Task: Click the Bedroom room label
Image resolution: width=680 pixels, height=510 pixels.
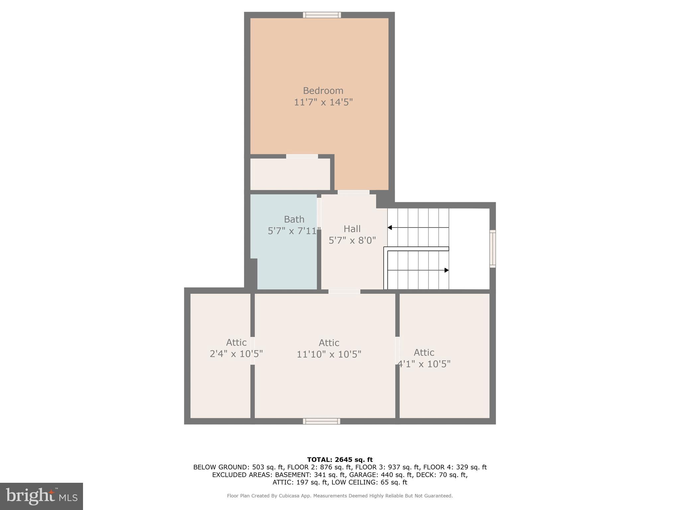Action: tap(323, 91)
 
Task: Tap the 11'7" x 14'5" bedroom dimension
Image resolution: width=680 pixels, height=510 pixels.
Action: tap(323, 102)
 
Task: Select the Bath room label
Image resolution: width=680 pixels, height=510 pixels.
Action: tap(294, 219)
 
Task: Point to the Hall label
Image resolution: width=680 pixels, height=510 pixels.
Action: tap(352, 229)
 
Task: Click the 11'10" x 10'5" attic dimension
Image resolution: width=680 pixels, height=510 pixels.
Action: tap(329, 354)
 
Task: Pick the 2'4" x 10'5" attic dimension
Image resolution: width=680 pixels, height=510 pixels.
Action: tap(236, 354)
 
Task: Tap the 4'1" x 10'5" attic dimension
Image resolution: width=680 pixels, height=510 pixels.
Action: tap(424, 364)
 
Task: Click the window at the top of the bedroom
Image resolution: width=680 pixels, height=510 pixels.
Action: tap(322, 15)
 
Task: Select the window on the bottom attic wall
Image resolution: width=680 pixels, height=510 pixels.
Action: tap(321, 421)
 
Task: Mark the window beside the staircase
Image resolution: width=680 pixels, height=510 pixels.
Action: tap(492, 249)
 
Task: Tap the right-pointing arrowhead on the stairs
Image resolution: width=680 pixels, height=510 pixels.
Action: tap(447, 270)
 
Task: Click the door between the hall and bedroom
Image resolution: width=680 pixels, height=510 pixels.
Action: tap(353, 192)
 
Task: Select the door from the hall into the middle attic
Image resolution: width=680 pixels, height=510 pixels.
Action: tap(344, 292)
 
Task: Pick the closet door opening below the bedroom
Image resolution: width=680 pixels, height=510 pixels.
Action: tap(302, 156)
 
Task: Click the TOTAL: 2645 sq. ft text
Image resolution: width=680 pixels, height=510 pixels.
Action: tap(340, 460)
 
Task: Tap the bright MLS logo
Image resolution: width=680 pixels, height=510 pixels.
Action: tap(42, 496)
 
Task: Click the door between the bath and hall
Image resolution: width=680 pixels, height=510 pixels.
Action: tap(319, 212)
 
